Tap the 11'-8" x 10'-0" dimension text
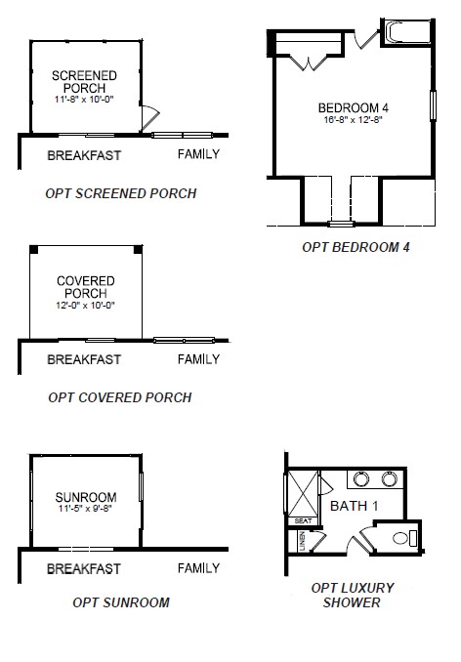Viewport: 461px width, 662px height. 84,101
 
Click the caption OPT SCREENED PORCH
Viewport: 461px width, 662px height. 121,193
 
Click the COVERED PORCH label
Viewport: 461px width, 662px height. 85,287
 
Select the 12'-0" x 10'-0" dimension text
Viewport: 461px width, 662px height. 85,306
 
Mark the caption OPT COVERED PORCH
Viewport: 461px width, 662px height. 119,397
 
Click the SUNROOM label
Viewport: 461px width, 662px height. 85,496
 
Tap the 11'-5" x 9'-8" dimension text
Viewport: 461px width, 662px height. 85,510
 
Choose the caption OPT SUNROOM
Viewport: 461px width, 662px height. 121,602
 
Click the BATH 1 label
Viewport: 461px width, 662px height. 353,506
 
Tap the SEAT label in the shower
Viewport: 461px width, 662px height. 302,520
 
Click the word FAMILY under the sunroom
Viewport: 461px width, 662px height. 198,568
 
